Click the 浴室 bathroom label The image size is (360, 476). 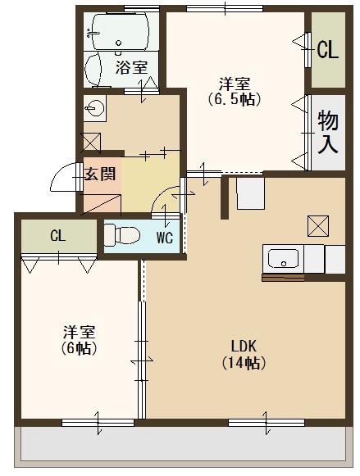point(131,68)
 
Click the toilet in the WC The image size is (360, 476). point(122,234)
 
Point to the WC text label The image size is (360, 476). point(164,238)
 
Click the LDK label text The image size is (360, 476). point(244,345)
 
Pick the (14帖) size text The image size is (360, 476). point(244,362)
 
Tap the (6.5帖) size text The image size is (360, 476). point(235,100)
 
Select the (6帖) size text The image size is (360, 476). point(79,348)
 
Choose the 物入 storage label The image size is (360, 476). point(329,134)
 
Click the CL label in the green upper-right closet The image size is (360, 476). point(328,51)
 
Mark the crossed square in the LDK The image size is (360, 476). point(317,224)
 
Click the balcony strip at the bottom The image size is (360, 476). point(180,445)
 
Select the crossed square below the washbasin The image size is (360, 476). point(91,140)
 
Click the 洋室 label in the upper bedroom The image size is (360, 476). point(235,83)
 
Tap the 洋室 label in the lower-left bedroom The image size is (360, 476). point(80,332)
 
